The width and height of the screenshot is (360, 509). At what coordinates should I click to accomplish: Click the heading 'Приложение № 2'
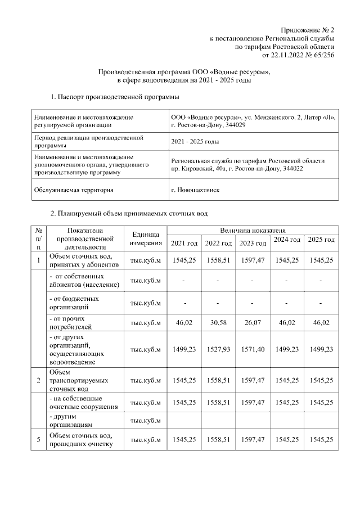click(x=308, y=29)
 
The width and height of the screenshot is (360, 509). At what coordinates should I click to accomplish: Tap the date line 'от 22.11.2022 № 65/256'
click(x=298, y=55)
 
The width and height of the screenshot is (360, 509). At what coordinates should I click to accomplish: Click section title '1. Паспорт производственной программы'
click(x=111, y=97)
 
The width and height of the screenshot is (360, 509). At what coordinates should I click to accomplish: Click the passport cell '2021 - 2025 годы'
click(x=195, y=141)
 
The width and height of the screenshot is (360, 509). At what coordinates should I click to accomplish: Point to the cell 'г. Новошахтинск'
click(x=195, y=190)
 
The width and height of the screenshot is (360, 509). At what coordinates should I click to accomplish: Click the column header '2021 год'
click(x=184, y=243)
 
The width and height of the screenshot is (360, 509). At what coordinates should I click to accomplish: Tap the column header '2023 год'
click(x=253, y=243)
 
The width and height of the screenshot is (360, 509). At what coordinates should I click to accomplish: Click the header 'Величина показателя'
click(x=253, y=231)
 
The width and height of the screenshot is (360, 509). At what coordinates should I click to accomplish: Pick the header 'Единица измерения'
click(x=145, y=239)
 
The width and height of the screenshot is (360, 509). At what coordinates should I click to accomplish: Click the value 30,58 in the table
click(x=218, y=323)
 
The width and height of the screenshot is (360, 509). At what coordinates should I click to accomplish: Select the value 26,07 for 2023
click(x=253, y=323)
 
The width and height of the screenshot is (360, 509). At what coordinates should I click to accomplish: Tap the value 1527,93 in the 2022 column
click(x=218, y=349)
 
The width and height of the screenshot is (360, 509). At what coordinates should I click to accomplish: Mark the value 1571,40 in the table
click(x=253, y=349)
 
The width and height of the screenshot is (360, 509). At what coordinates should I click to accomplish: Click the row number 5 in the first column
click(x=38, y=440)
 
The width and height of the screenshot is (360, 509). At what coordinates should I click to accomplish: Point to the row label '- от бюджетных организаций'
click(x=74, y=303)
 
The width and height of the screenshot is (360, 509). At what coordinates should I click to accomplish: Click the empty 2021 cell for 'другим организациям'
click(x=184, y=421)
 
